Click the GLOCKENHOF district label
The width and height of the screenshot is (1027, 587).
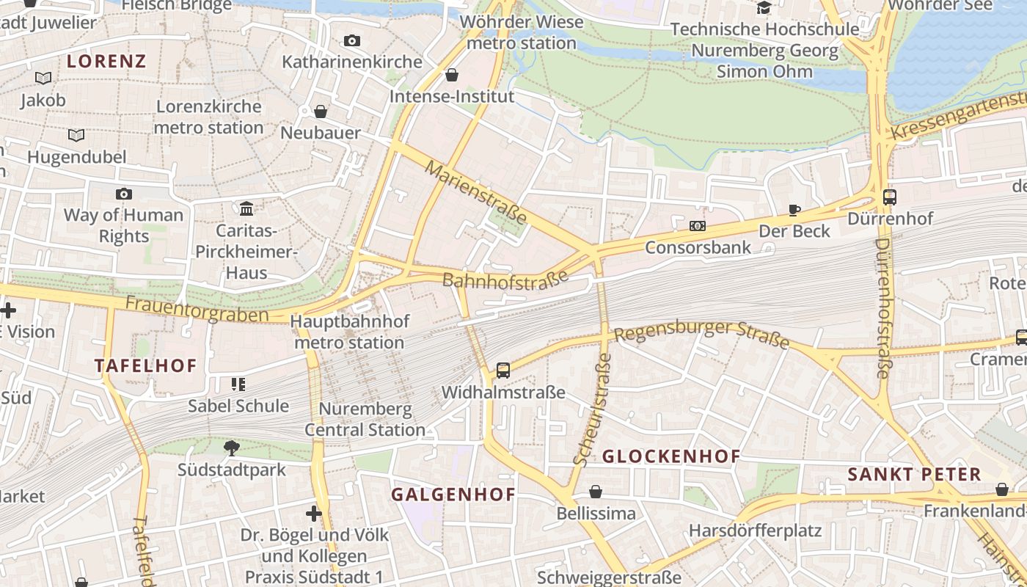click(671, 456)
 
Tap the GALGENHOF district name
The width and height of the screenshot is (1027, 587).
click(453, 495)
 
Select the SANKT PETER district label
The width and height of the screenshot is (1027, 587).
click(914, 475)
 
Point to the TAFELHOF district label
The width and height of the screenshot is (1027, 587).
click(145, 365)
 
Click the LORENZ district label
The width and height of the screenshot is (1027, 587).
click(106, 61)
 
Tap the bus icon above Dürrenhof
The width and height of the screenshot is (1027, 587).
click(890, 197)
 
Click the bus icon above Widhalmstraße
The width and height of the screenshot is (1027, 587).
click(503, 371)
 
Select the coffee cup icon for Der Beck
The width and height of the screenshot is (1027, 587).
click(794, 210)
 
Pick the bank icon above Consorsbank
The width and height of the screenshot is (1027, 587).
click(698, 226)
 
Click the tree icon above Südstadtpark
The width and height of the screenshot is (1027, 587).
click(232, 447)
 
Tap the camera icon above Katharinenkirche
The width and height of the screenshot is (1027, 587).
click(352, 40)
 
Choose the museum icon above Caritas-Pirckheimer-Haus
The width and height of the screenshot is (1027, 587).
click(246, 209)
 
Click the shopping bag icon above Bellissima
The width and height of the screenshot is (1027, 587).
click(596, 492)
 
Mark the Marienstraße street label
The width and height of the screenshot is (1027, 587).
click(476, 193)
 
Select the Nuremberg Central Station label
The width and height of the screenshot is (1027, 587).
click(365, 419)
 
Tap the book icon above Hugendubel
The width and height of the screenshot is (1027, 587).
click(76, 135)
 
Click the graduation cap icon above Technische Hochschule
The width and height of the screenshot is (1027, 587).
click(764, 7)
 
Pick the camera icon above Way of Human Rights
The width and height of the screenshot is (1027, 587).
click(124, 194)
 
